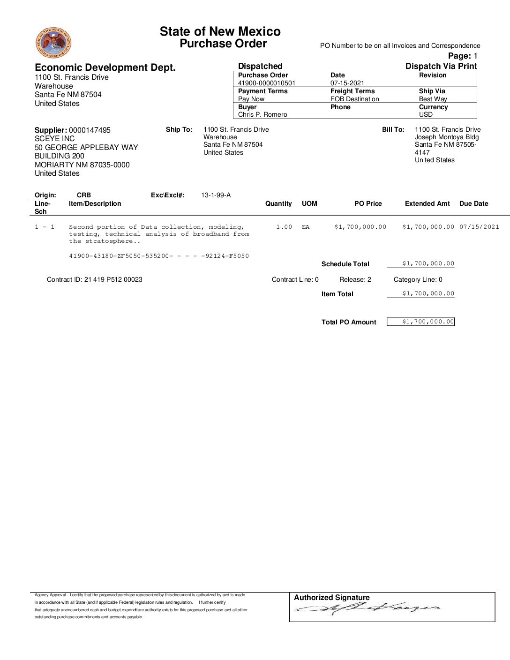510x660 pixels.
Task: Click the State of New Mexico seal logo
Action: pyautogui.click(x=53, y=43)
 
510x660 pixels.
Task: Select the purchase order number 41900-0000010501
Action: pyautogui.click(x=267, y=83)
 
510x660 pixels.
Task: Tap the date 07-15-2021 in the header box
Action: pyautogui.click(x=347, y=83)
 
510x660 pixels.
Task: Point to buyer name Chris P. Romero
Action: pyautogui.click(x=262, y=115)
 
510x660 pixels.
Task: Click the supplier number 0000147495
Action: pyautogui.click(x=90, y=130)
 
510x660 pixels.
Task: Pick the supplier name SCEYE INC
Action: pyautogui.click(x=54, y=139)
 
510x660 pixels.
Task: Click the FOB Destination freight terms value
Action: pyautogui.click(x=354, y=99)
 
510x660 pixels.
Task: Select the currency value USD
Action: pyautogui.click(x=426, y=115)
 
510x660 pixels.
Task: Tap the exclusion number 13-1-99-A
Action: pyautogui.click(x=216, y=195)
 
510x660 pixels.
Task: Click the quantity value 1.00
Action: pyautogui.click(x=284, y=227)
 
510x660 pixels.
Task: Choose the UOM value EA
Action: pyautogui.click(x=306, y=227)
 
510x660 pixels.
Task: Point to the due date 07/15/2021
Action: pyautogui.click(x=479, y=227)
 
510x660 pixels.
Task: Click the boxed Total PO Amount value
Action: pyautogui.click(x=420, y=322)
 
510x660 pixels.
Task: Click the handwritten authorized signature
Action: pyautogui.click(x=368, y=609)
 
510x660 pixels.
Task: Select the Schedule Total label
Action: pyautogui.click(x=345, y=264)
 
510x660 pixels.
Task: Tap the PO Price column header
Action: pyautogui.click(x=368, y=204)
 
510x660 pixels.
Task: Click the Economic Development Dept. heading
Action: pyautogui.click(x=105, y=67)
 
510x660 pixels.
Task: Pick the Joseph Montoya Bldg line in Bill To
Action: pyautogui.click(x=447, y=137)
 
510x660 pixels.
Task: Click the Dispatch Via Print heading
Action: pyautogui.click(x=441, y=66)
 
